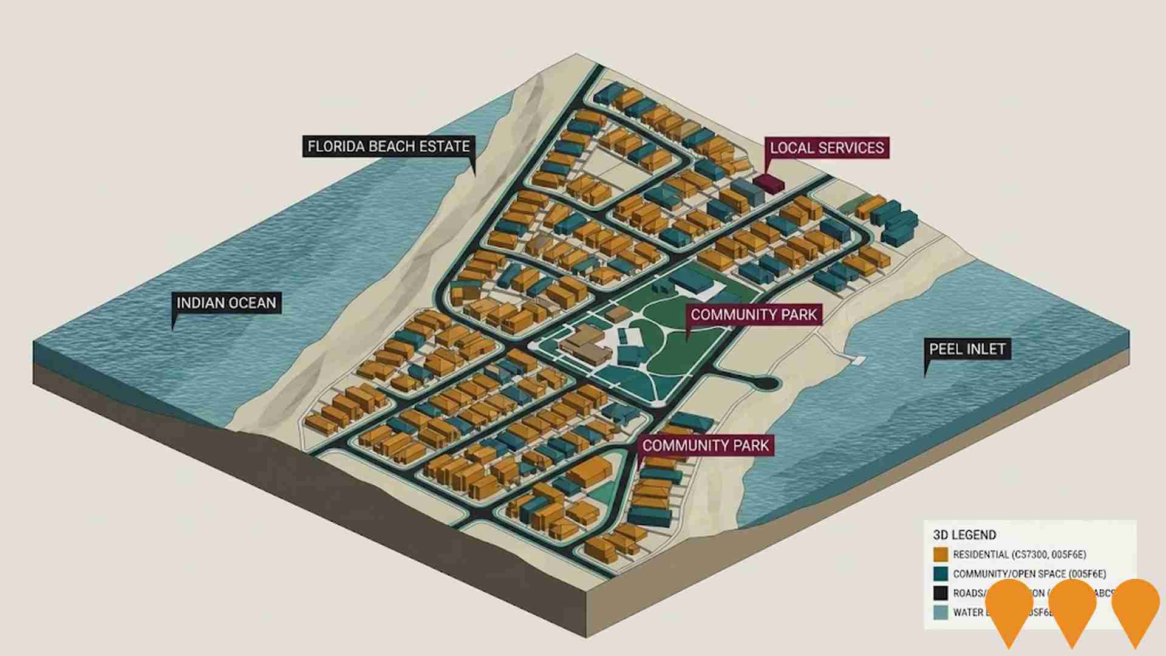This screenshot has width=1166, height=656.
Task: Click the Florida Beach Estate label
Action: [388, 146]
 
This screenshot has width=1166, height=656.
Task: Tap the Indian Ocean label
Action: [226, 302]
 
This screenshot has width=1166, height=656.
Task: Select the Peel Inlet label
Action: [967, 349]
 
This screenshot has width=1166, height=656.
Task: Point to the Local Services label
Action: [827, 148]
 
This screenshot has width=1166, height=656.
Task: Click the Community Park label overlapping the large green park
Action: [754, 315]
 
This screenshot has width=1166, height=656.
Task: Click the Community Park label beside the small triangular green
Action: [705, 445]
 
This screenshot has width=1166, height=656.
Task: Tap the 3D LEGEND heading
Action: [964, 535]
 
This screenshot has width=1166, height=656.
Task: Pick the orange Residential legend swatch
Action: [941, 555]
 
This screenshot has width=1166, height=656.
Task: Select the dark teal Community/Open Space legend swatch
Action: [941, 574]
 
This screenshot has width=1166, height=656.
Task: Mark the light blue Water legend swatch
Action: [941, 612]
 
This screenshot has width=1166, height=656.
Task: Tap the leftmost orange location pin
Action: [1009, 610]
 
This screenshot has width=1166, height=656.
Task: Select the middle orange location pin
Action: [1072, 610]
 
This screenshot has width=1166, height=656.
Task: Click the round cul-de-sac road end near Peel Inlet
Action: [767, 383]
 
